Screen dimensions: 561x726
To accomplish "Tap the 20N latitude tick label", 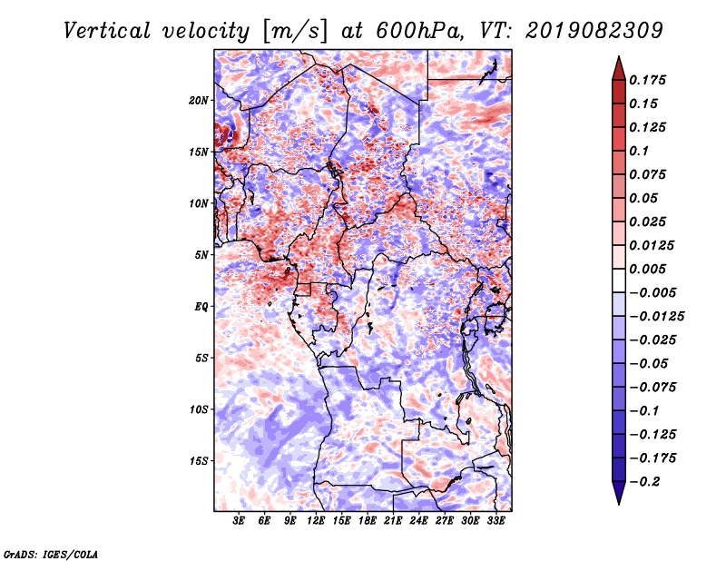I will point(199,100).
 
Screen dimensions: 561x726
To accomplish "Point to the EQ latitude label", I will point(201,307).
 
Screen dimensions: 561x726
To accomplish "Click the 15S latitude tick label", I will point(199,461).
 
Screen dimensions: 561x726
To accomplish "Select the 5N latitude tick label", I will point(201,255).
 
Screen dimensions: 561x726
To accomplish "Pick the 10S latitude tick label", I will point(199,409).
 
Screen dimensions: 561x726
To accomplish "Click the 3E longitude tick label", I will point(239,522).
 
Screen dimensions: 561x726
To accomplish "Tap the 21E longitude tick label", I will point(394,522).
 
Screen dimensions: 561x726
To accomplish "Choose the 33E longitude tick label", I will point(496,522).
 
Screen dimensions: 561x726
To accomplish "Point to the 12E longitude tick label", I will point(316,522).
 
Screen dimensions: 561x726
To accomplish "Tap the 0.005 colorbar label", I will point(650,269).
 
